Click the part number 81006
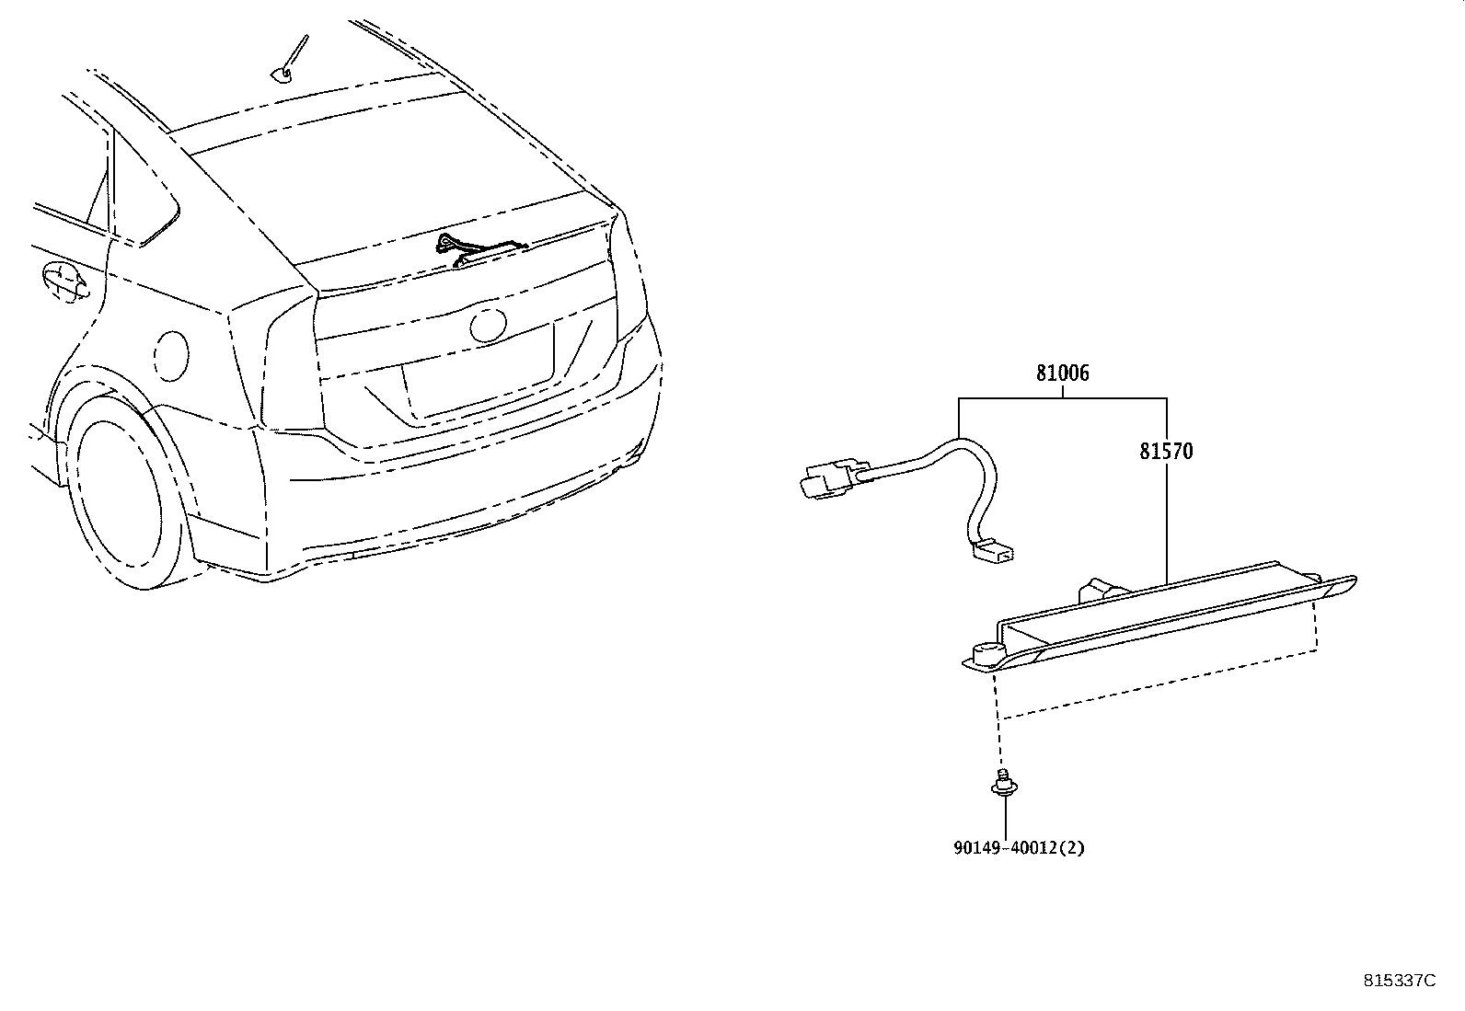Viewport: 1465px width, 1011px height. tap(1063, 373)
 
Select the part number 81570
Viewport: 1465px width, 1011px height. tap(1166, 451)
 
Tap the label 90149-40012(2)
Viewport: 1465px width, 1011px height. tap(1019, 847)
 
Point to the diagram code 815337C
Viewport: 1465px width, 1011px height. tap(1400, 981)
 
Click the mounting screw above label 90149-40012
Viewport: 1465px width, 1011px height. tap(1004, 783)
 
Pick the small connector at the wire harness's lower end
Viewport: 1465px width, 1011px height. tap(994, 551)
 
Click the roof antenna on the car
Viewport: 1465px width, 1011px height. tap(290, 60)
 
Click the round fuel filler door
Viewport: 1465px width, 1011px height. tap(171, 356)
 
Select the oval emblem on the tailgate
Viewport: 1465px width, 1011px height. tap(488, 325)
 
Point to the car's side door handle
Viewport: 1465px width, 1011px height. tap(63, 281)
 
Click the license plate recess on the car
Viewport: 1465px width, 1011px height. tap(479, 372)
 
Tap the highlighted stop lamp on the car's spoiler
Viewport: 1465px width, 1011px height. tap(484, 250)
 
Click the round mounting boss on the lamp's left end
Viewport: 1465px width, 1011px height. tap(987, 655)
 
